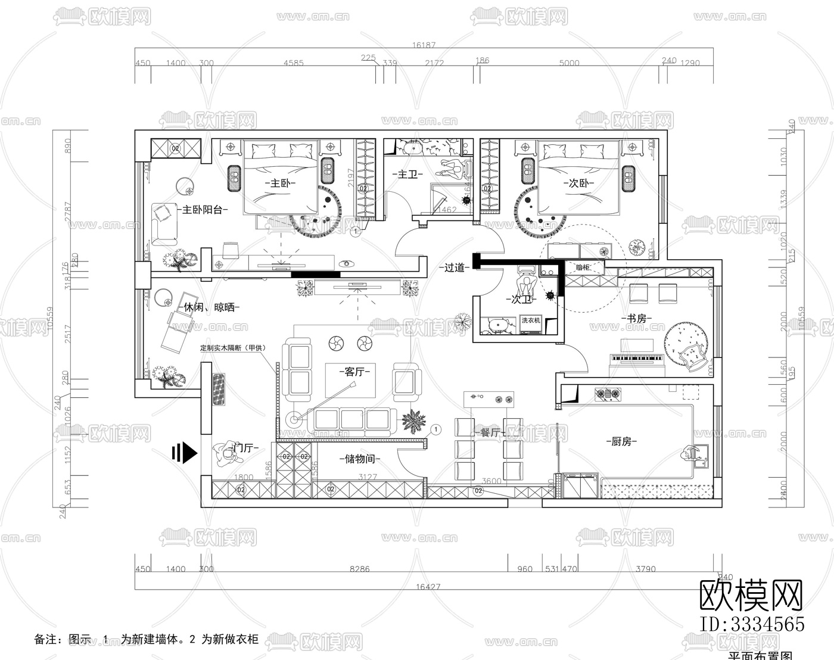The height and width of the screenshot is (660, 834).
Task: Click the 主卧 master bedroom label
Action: point(279,183)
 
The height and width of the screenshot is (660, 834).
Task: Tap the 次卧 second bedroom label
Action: point(578,183)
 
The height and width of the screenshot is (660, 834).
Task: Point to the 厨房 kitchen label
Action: point(621,441)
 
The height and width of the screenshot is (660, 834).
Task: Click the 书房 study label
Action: point(637,319)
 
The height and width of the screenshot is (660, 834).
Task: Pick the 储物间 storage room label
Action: point(359,459)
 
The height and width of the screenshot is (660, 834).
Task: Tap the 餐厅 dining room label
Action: point(490,433)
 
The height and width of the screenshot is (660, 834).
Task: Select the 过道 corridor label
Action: point(455,267)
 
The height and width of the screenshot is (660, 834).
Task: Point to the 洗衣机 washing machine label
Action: point(531,320)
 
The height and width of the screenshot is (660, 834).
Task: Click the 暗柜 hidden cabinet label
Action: point(583,267)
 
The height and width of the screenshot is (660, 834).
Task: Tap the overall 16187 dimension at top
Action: point(424,45)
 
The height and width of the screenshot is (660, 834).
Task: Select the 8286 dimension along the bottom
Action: point(359,569)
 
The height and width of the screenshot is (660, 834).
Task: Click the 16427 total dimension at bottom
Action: point(428,587)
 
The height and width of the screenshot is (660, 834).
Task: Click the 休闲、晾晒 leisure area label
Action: point(208,307)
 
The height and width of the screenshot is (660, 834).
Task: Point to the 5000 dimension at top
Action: point(569,63)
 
